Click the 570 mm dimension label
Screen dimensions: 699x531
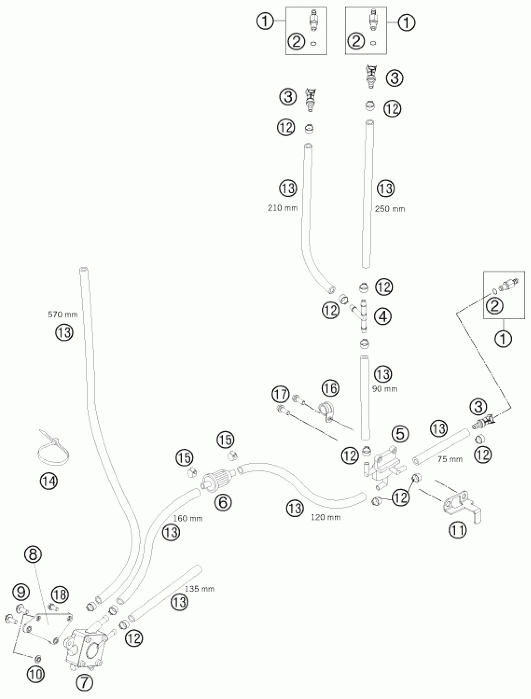point(62,314)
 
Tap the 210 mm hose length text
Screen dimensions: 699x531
point(283,208)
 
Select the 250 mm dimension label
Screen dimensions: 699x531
point(390,209)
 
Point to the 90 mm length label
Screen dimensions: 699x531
point(384,389)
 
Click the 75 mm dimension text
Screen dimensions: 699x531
point(450,459)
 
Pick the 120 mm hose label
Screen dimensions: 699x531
point(325,517)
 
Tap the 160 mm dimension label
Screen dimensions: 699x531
point(188,518)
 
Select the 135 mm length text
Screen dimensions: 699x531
point(200,589)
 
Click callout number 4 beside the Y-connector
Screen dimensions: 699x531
point(383,316)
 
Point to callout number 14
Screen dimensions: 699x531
point(49,481)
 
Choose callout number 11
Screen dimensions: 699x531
point(458,530)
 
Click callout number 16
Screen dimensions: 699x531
point(330,388)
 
